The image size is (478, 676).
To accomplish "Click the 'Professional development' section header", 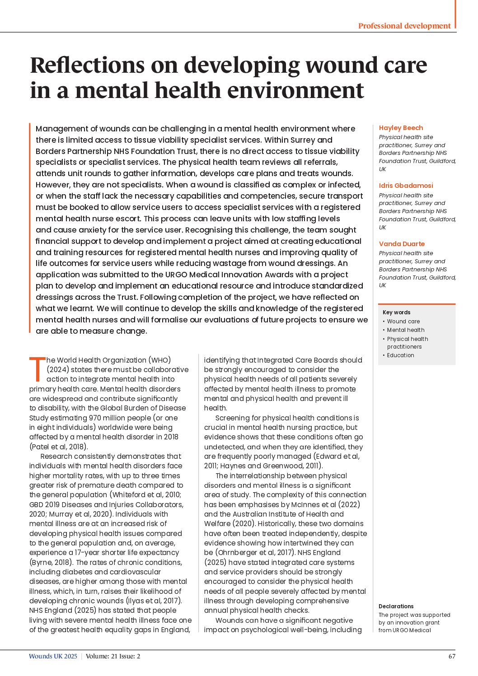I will [x=404, y=26].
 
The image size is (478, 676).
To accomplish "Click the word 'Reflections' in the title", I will [x=87, y=65].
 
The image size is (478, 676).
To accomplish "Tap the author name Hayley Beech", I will [x=401, y=128].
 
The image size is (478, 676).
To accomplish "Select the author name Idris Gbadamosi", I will [x=406, y=186].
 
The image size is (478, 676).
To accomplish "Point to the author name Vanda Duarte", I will [x=402, y=244].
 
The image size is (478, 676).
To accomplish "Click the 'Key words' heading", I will [x=396, y=312].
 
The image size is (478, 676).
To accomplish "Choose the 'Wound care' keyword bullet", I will [x=403, y=322].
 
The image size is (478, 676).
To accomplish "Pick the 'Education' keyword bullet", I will [x=400, y=355].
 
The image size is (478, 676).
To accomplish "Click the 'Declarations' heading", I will [x=396, y=606].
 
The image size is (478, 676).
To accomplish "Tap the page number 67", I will [x=452, y=656].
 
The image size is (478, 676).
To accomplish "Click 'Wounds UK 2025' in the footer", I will [x=53, y=656].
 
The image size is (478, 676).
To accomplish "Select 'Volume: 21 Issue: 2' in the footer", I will [x=113, y=656].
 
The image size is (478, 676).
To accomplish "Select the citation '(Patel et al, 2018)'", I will [x=58, y=447].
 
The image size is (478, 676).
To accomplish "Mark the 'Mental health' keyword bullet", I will [x=405, y=330].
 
